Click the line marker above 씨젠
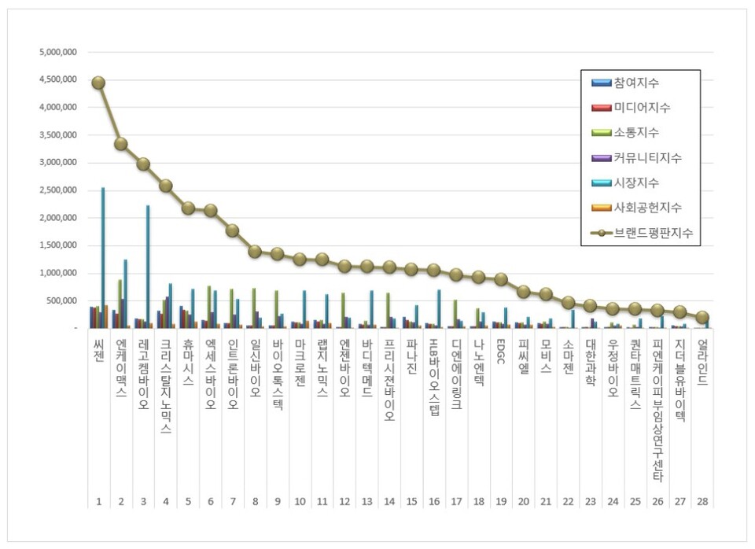coord(98,83)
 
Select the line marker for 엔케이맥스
coord(121,144)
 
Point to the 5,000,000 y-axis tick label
coord(57,53)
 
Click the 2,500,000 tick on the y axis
coord(57,190)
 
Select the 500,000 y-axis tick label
coord(61,300)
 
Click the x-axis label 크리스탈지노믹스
coord(166,386)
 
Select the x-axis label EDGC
coord(500,352)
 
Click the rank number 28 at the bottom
coord(702,501)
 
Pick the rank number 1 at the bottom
coord(98,501)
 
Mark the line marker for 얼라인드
coord(702,318)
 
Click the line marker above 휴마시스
coord(188,208)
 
